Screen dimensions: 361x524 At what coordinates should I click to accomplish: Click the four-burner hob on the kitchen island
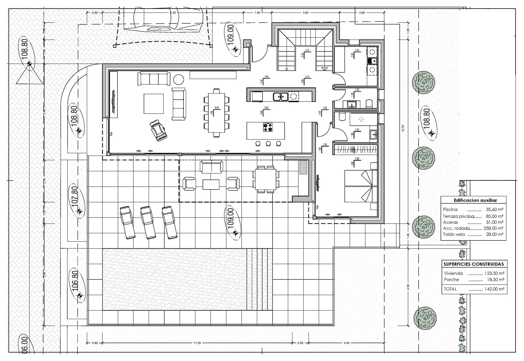pyautogui.click(x=268, y=127)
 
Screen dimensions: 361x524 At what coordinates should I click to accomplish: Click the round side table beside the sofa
pyautogui.click(x=179, y=80)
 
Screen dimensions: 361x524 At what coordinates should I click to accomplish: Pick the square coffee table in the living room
pyautogui.click(x=154, y=104)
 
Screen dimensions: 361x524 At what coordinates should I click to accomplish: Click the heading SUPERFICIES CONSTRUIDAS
pyautogui.click(x=474, y=264)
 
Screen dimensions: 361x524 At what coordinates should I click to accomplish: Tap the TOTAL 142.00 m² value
pyautogui.click(x=495, y=289)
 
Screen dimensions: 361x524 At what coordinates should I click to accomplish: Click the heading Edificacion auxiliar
pyautogui.click(x=475, y=200)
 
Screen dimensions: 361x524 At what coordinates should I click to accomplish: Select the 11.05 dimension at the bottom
pyautogui.click(x=197, y=343)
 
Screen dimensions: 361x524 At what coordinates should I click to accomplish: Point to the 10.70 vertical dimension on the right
pyautogui.click(x=403, y=128)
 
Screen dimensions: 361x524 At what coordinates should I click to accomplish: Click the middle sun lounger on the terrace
pyautogui.click(x=148, y=222)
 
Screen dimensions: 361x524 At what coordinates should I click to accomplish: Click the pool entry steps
pyautogui.click(x=259, y=279)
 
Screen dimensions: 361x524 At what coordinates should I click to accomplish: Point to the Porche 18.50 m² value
pyautogui.click(x=495, y=280)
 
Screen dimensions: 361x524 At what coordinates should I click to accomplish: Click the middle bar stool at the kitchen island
pyautogui.click(x=268, y=143)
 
